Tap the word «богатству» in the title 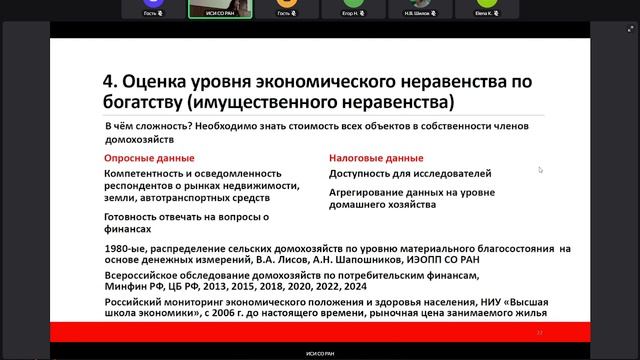[x=149, y=103]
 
